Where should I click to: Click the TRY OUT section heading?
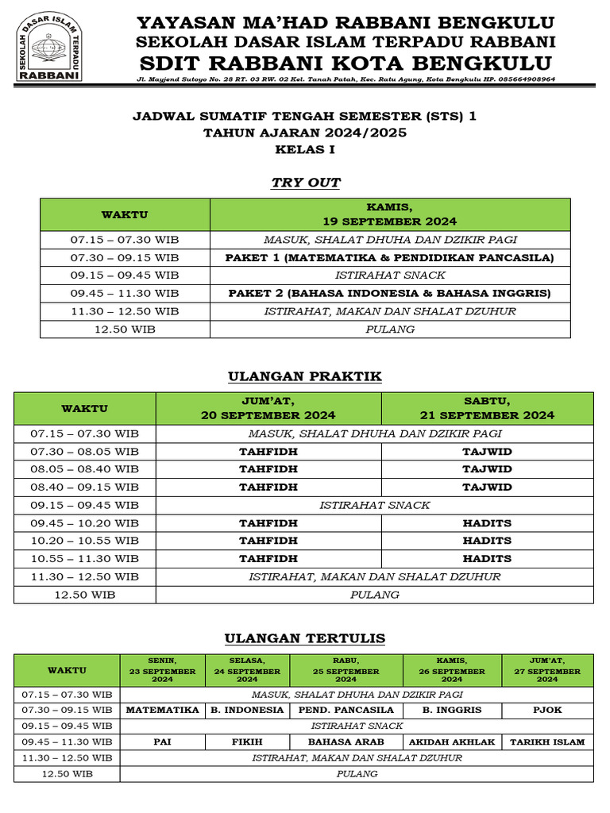click(x=305, y=183)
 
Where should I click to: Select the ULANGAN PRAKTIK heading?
click(x=305, y=376)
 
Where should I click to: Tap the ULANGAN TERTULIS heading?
click(x=305, y=638)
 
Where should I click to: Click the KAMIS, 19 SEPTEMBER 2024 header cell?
click(x=389, y=214)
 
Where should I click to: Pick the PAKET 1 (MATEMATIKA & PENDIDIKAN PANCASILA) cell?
click(x=389, y=258)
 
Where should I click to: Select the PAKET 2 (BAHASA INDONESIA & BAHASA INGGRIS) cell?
click(x=389, y=293)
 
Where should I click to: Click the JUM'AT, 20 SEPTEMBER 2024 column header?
click(x=268, y=408)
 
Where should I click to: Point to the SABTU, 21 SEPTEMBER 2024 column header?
click(x=487, y=408)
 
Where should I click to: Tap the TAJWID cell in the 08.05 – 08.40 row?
click(x=487, y=469)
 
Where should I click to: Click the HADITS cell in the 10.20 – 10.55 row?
click(x=487, y=541)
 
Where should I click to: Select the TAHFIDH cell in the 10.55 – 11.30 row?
click(x=268, y=558)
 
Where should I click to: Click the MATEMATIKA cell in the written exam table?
click(x=162, y=710)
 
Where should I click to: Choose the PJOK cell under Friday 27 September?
click(x=546, y=710)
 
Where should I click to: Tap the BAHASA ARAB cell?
click(x=346, y=742)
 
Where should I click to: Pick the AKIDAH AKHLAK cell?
click(x=452, y=742)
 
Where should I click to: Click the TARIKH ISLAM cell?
click(x=546, y=742)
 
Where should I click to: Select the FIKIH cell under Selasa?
click(x=247, y=742)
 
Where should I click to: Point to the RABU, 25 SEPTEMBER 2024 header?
click(x=346, y=670)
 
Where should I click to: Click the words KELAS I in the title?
click(x=305, y=148)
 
